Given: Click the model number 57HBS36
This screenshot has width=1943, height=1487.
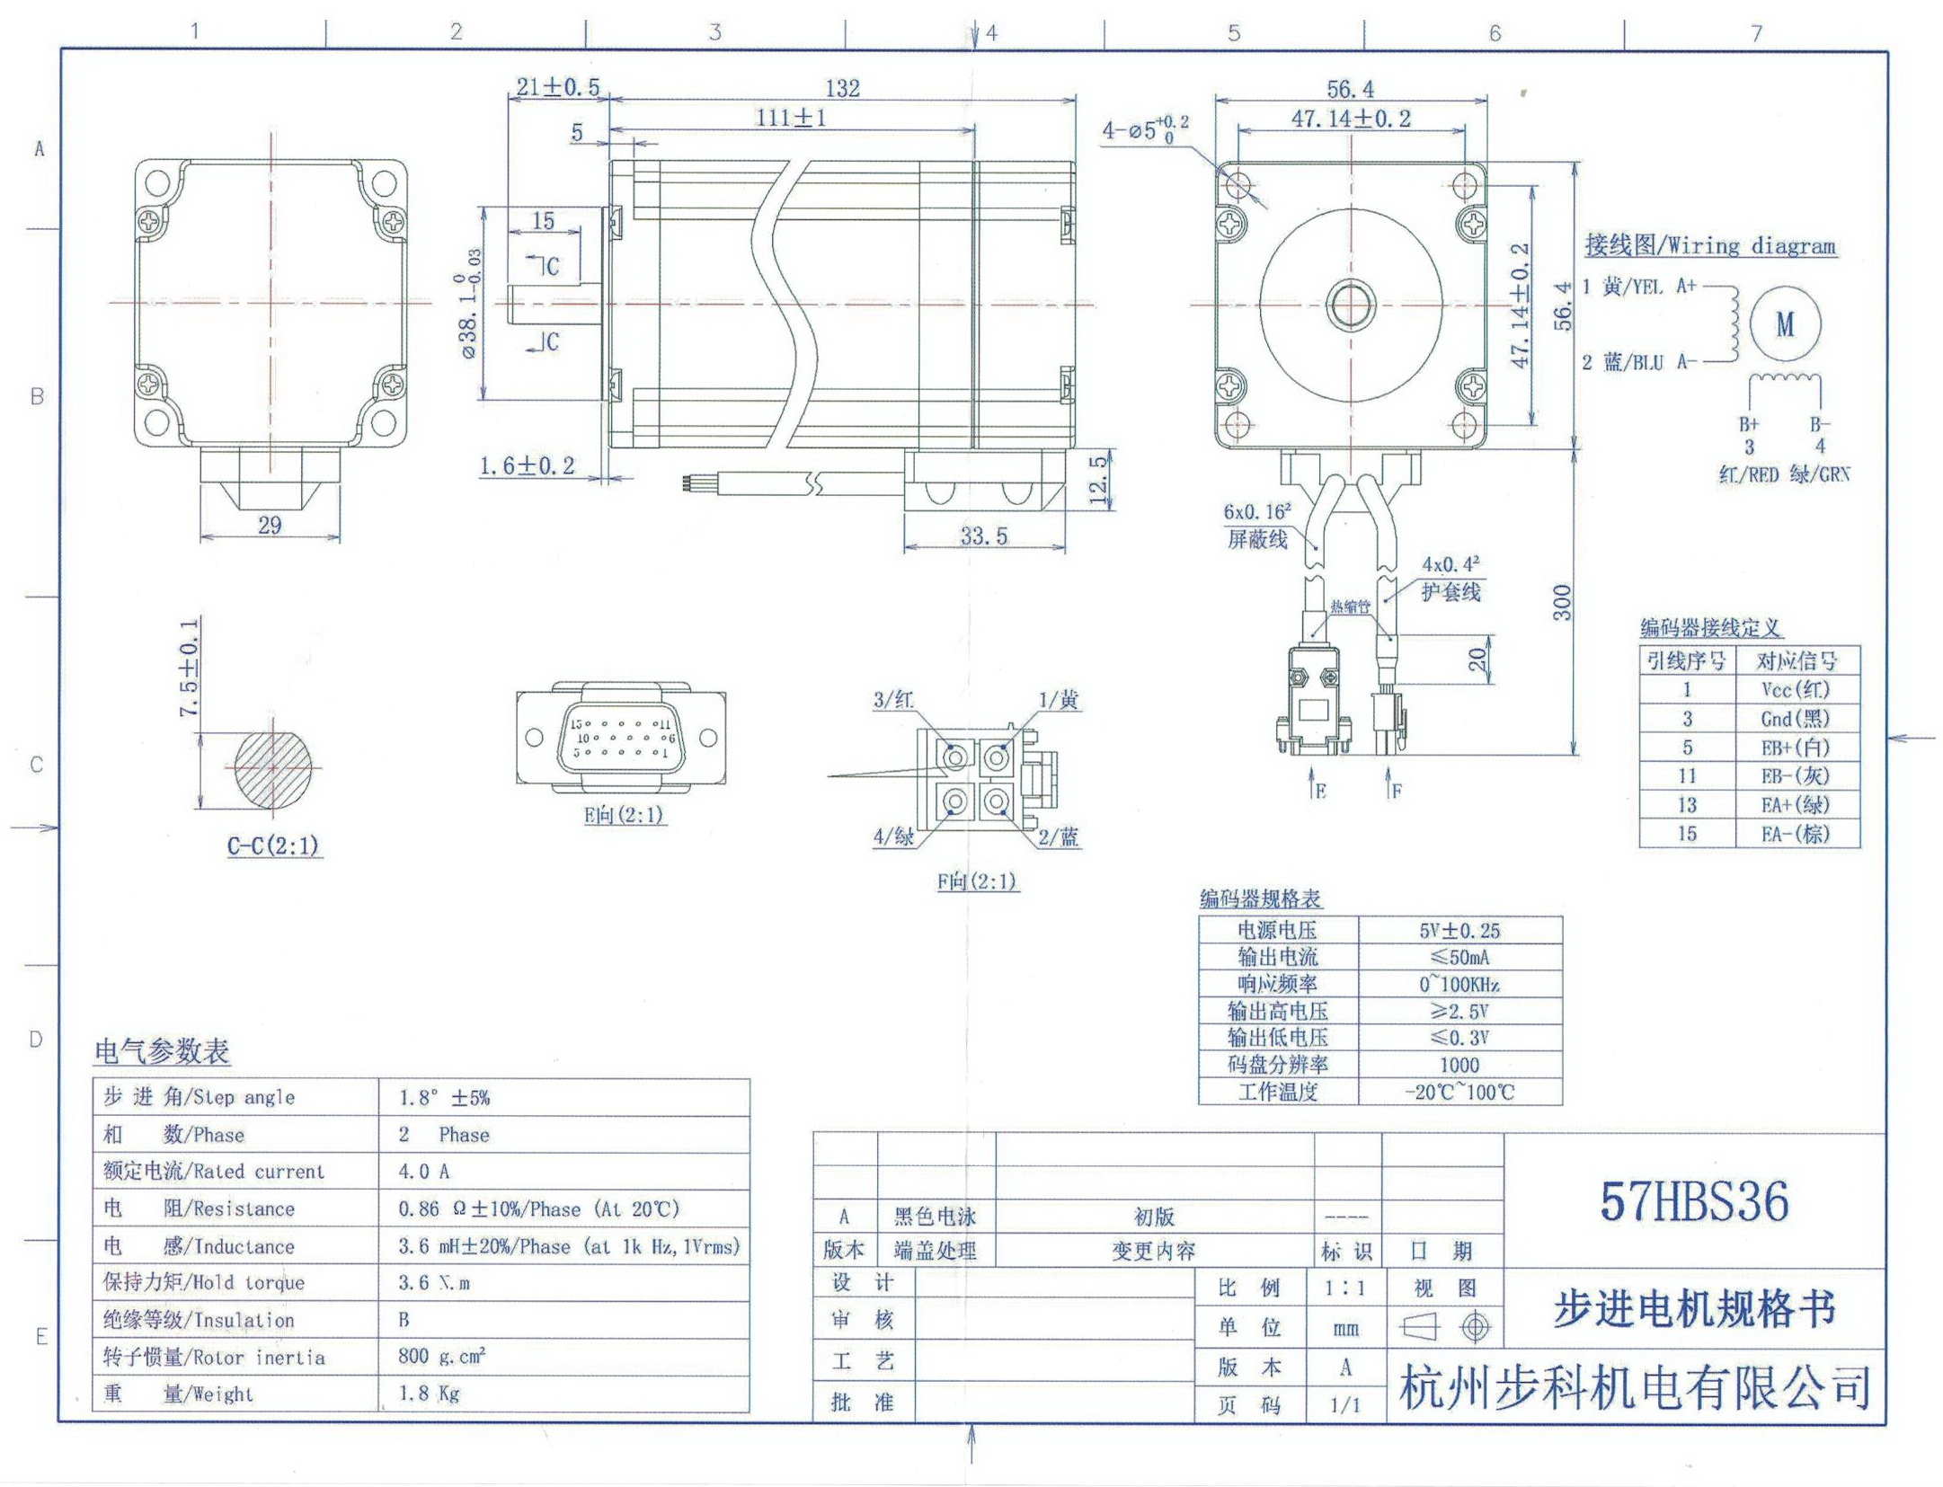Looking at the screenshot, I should point(1693,1201).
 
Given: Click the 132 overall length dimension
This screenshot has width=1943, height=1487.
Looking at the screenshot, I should point(842,88).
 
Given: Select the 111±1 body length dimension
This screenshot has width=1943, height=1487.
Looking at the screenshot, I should point(790,118).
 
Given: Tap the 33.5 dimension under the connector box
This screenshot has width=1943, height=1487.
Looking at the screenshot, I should point(983,536).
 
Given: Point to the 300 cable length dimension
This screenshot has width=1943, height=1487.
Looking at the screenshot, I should point(1562,602).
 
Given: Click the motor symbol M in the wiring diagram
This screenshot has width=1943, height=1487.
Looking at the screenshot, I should point(1784,324).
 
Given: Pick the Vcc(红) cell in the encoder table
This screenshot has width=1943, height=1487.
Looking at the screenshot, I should point(1795,689).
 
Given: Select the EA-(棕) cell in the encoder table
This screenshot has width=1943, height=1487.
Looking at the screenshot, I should point(1795,834).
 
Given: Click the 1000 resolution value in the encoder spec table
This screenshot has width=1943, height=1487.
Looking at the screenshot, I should point(1459,1065).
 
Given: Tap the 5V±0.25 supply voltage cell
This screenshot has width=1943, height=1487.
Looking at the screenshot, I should point(1459,931).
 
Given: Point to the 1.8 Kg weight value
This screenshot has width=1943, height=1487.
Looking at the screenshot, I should point(429,1394).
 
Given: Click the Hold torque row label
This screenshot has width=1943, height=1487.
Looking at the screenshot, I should point(204,1282).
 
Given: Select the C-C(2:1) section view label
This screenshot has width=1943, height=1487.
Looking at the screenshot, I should point(273,846).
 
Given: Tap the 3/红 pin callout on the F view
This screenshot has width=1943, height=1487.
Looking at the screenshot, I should point(893,700).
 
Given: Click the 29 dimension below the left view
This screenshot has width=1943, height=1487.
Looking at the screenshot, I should point(270,525).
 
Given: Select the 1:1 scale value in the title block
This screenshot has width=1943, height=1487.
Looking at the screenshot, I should point(1344,1288).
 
